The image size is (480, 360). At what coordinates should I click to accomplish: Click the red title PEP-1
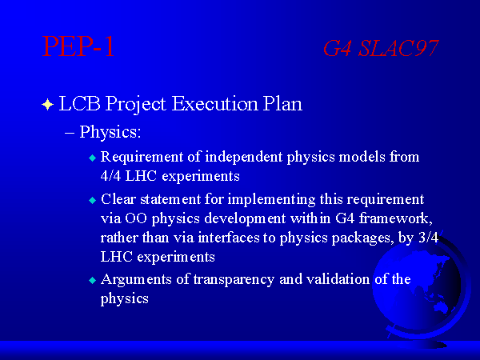pos(78,46)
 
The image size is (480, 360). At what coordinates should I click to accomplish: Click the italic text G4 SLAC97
pos(381,48)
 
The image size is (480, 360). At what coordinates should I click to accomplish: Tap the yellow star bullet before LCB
pos(47,104)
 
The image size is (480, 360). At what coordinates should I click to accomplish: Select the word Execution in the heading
pos(215,103)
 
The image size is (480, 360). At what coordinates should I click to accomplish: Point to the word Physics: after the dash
pos(110,132)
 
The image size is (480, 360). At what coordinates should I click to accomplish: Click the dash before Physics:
pos(70,134)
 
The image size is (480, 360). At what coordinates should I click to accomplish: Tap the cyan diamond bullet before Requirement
pos(93,158)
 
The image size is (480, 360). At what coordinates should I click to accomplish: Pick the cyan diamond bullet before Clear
pos(93,201)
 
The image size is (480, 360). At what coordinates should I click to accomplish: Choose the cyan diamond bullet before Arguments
pos(93,281)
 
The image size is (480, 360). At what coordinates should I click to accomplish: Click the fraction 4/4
pos(110,176)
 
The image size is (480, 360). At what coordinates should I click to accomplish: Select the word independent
pos(244,158)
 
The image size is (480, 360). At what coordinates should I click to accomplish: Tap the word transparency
pos(234,280)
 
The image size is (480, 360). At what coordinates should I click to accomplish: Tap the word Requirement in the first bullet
pos(142,158)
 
